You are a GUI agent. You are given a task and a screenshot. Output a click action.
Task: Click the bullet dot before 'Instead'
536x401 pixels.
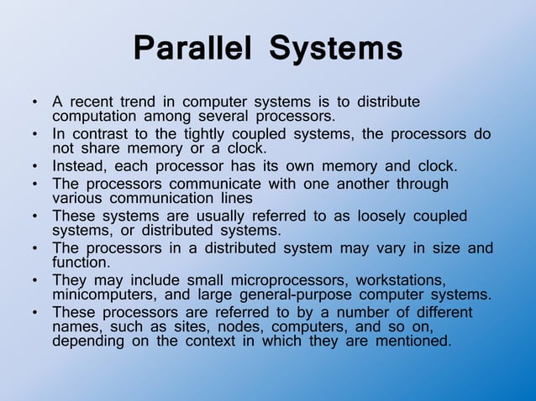pos(34,165)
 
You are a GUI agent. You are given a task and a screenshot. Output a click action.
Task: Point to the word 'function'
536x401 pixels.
pos(81,262)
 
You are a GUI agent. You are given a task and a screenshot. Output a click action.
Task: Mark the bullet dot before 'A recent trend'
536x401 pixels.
pos(34,103)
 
